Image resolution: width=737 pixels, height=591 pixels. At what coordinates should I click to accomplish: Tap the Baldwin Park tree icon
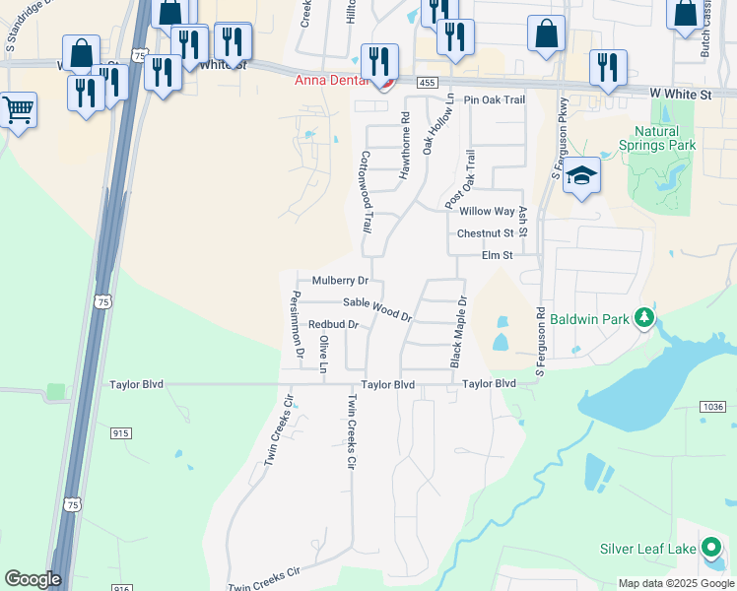click(644, 317)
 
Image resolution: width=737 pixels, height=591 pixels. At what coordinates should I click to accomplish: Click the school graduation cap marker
click(582, 176)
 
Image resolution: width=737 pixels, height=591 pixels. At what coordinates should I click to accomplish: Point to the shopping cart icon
click(18, 110)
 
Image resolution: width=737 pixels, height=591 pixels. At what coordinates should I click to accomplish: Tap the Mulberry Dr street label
click(340, 281)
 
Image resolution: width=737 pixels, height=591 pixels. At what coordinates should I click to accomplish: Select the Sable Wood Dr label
click(376, 308)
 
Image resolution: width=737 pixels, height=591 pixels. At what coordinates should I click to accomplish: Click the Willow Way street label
click(487, 212)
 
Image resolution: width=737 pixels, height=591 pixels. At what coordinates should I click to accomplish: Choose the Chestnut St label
click(485, 233)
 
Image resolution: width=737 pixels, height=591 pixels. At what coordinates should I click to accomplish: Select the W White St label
click(680, 94)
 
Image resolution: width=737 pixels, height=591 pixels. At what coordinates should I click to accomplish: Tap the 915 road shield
click(121, 433)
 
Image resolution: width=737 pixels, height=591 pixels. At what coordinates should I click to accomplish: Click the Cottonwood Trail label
click(365, 191)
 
